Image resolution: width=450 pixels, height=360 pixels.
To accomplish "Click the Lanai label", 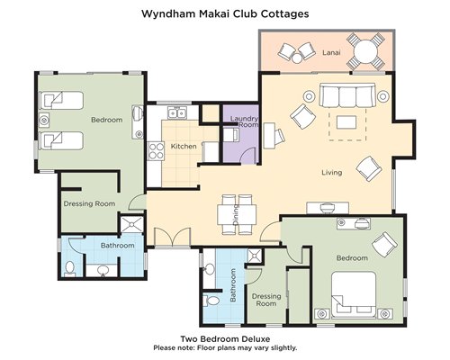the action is tap(331, 52).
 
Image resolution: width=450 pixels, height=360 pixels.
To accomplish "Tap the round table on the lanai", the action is tap(365, 51).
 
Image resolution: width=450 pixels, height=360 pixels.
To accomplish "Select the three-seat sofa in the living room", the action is tap(347, 95).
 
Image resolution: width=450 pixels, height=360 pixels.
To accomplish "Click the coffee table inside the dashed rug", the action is tap(346, 122).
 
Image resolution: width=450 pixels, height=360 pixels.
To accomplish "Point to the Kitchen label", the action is tap(184, 147).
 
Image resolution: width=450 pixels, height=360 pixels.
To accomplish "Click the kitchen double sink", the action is tap(177, 113).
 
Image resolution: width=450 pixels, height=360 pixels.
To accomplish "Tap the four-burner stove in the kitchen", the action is tap(157, 151).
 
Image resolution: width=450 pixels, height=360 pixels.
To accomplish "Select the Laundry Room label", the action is tap(245, 121).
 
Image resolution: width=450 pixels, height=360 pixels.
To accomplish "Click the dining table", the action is tap(237, 214).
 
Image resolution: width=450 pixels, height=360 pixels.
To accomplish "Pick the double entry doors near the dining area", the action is tap(173, 238).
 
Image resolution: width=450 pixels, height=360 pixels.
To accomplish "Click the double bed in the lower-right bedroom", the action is tap(354, 294).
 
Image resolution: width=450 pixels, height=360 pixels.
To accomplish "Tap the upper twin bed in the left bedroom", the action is tap(61, 100).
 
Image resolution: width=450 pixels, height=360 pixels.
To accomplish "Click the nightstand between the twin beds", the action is tap(44, 121).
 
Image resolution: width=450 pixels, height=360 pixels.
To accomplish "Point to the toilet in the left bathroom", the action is tap(70, 268).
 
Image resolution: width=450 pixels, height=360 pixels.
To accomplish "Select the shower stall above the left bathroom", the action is tap(132, 223).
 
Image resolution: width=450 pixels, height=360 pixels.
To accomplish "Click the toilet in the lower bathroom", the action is tap(211, 300).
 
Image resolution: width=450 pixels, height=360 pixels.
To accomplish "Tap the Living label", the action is tap(332, 173).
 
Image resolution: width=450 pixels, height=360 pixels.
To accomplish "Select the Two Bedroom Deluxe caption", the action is tap(225, 339).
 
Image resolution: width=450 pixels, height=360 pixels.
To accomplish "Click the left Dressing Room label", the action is tap(89, 204).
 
